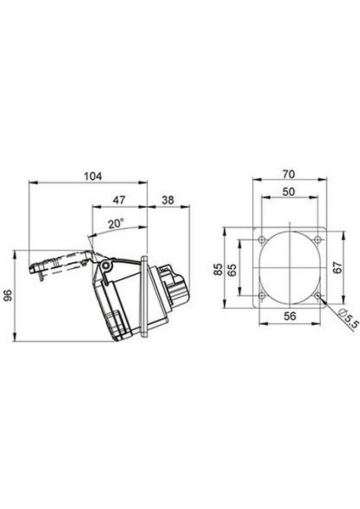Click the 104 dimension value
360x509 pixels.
pos(93,176)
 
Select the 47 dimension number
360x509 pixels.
pos(119,200)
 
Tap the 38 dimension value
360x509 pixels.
pos(167,200)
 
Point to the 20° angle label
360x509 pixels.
pos(116,224)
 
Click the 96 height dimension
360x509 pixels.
pos(8,295)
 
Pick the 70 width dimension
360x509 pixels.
pos(289,174)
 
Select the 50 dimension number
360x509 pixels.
pos(289,192)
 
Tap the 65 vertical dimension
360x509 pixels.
pos(233,269)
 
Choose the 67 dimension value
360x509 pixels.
pos(338,267)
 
